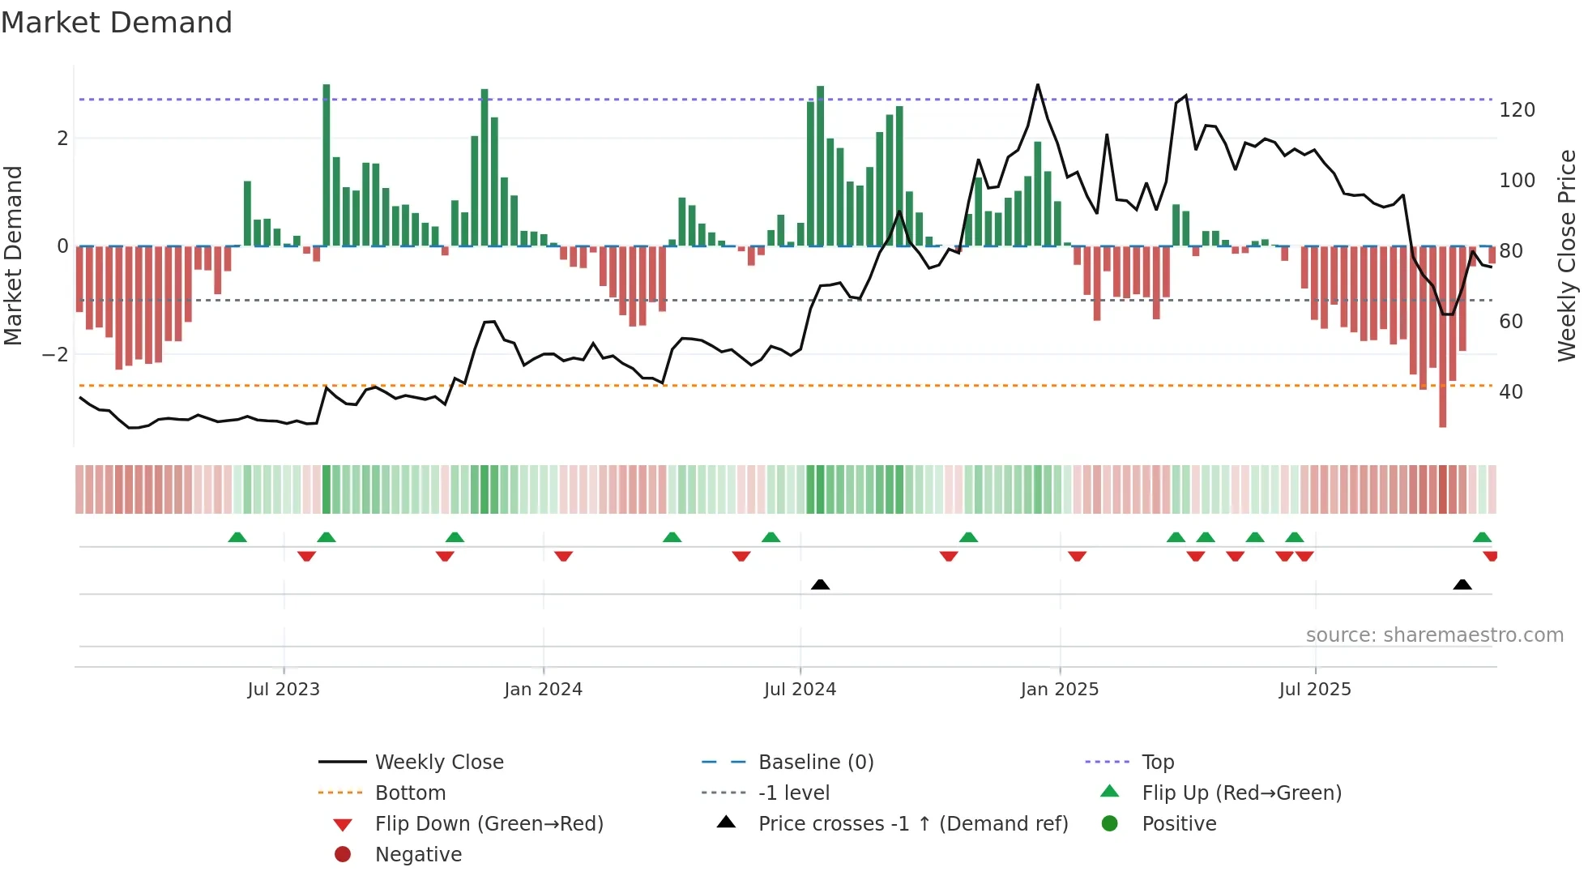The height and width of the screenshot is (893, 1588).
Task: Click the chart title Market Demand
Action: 117,23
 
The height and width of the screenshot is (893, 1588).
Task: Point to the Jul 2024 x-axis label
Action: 800,690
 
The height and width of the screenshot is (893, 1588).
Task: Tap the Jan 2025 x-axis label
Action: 1059,690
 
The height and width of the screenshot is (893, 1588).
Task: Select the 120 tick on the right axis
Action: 1517,110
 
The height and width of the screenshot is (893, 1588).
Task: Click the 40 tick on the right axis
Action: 1511,392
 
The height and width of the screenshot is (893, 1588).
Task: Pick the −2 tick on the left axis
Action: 55,355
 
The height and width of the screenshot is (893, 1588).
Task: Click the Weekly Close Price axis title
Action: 1567,255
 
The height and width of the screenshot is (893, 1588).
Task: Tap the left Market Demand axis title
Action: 13,255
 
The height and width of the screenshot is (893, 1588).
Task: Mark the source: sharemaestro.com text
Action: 1434,635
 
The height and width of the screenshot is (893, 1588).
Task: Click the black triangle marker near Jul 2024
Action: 820,584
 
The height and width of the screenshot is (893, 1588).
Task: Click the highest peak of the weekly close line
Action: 1038,85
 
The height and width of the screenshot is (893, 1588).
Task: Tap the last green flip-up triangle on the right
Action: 1482,537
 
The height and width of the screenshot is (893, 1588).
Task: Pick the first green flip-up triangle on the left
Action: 237,537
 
